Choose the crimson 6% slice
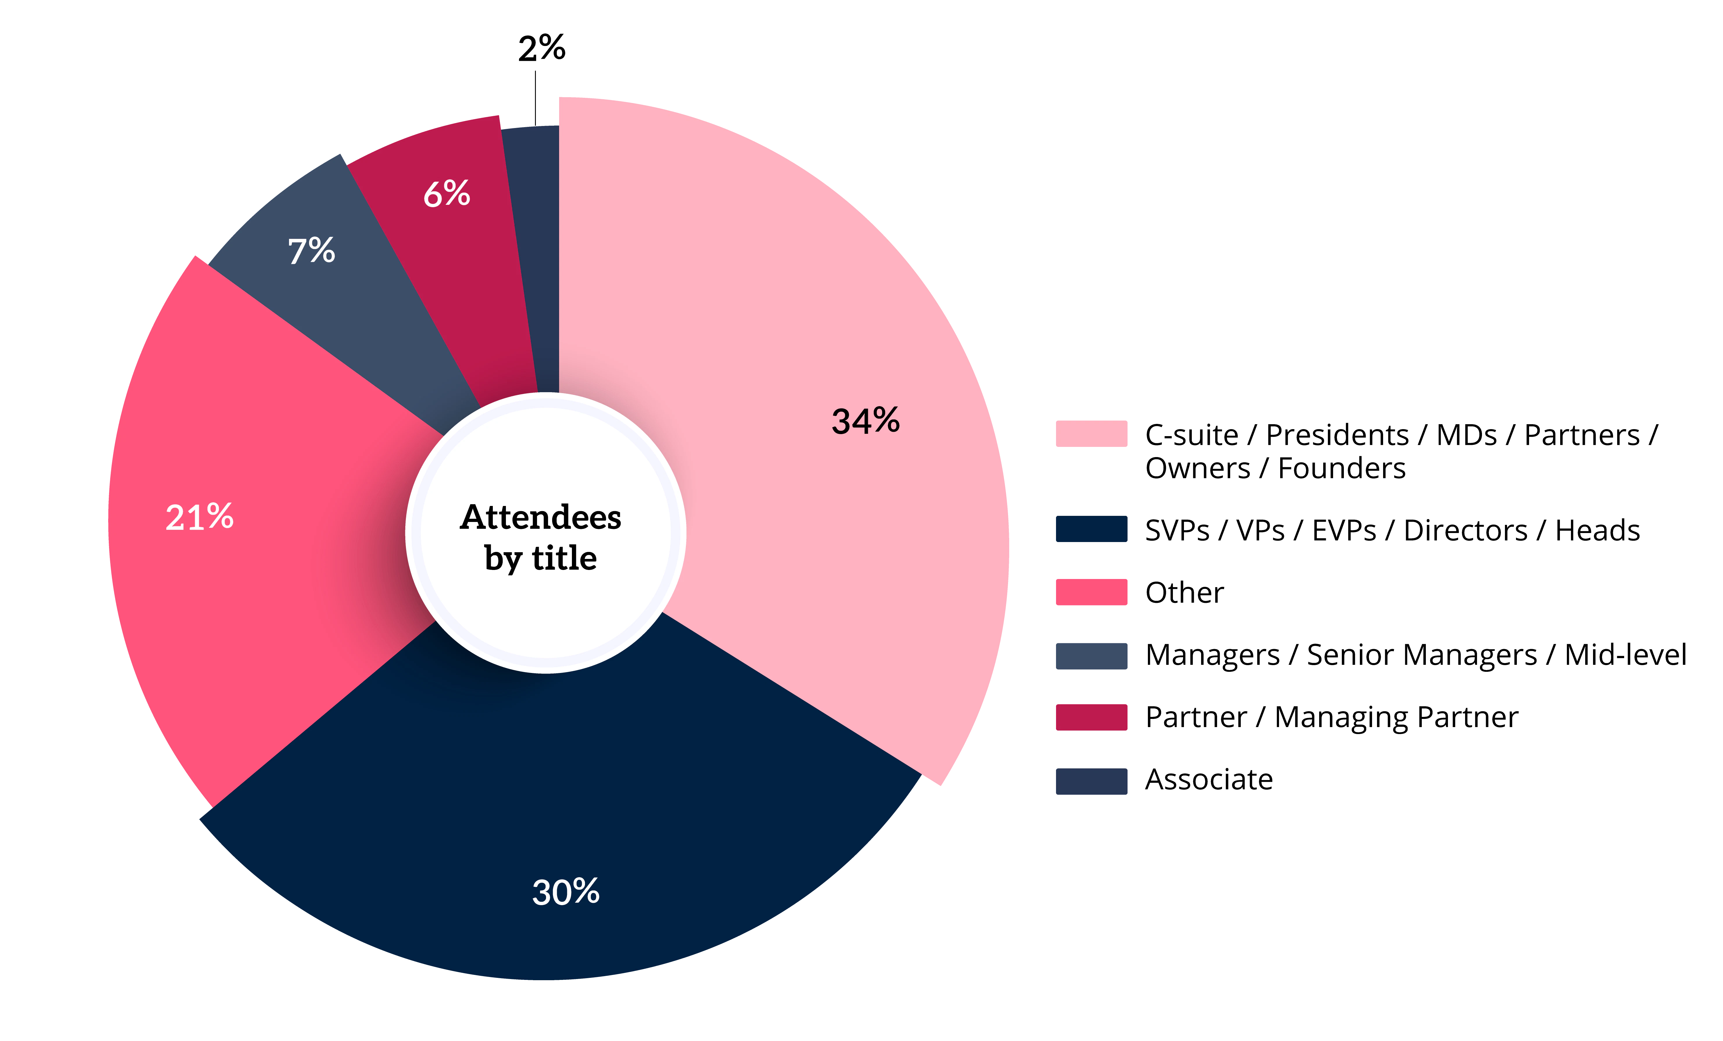pos(461,266)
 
